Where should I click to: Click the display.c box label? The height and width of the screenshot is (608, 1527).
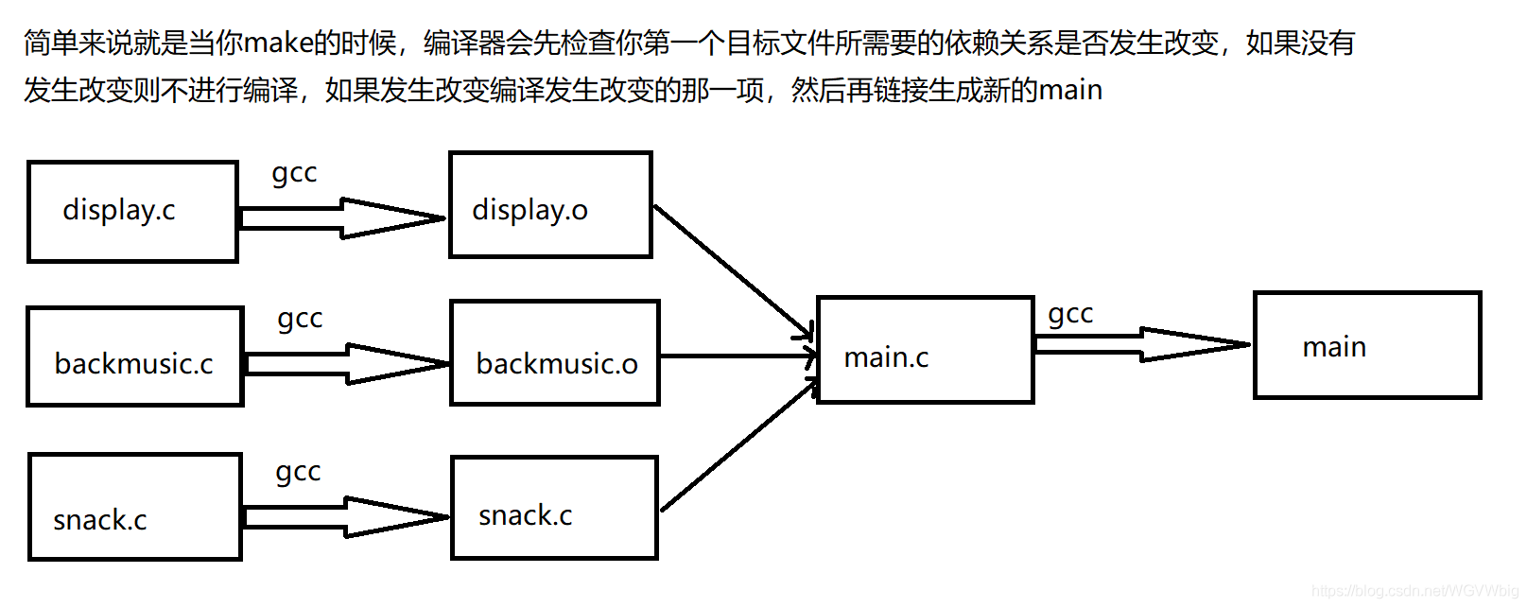pyautogui.click(x=119, y=210)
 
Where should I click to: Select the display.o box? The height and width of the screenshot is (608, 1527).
pyautogui.click(x=550, y=204)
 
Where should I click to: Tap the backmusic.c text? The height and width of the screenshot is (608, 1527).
pyautogui.click(x=134, y=363)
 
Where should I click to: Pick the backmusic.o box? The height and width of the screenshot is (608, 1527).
pyautogui.click(x=555, y=353)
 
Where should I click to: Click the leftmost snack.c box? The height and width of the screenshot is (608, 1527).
pyautogui.click(x=134, y=507)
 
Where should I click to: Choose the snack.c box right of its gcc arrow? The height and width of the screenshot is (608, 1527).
pyautogui.click(x=554, y=508)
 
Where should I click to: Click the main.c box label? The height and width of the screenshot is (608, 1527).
pyautogui.click(x=886, y=357)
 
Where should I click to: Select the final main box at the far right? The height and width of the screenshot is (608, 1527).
pyautogui.click(x=1366, y=345)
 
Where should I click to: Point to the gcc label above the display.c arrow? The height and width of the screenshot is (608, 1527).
pyautogui.click(x=294, y=173)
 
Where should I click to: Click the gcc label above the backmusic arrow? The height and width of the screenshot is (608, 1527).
pyautogui.click(x=300, y=319)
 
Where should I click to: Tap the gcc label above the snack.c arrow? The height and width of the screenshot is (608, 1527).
pyautogui.click(x=298, y=472)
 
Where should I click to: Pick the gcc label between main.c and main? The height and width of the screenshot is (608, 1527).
pyautogui.click(x=1070, y=314)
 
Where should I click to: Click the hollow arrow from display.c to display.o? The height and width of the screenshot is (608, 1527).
pyautogui.click(x=340, y=218)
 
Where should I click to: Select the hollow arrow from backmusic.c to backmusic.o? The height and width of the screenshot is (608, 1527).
pyautogui.click(x=346, y=364)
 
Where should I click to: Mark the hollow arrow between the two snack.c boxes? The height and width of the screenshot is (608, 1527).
pyautogui.click(x=344, y=517)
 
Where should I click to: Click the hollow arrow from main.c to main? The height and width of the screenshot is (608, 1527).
pyautogui.click(x=1142, y=345)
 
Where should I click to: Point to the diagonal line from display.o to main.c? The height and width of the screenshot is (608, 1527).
pyautogui.click(x=733, y=271)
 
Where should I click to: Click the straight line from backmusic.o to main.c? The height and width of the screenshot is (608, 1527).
pyautogui.click(x=737, y=356)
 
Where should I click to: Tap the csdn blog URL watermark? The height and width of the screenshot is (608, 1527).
pyautogui.click(x=1414, y=591)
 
